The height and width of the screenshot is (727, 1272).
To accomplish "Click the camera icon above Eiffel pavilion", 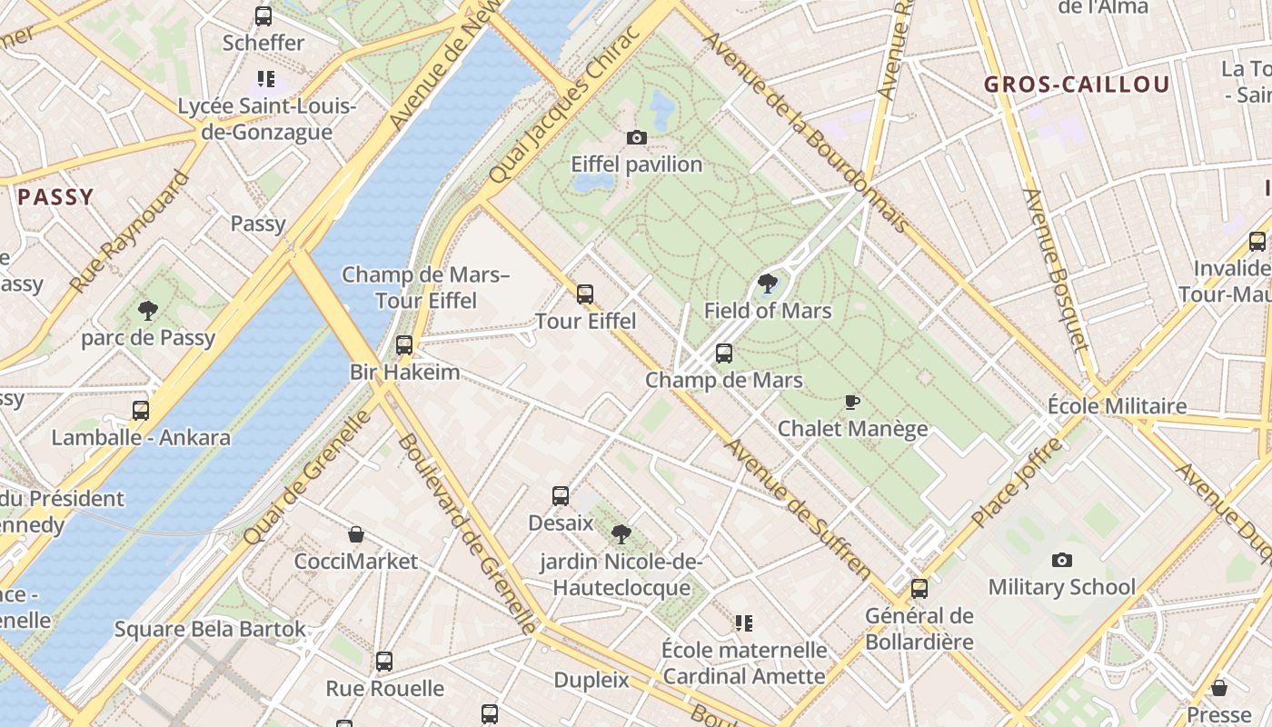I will (637, 138).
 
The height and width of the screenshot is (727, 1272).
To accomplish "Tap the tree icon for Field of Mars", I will (768, 284).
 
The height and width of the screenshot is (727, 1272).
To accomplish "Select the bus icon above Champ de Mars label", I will (724, 354).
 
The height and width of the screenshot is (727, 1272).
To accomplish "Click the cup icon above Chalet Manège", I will (852, 402).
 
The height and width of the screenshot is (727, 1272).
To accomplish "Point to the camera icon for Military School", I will (1061, 561).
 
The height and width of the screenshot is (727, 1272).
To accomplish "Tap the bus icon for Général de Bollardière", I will (919, 589).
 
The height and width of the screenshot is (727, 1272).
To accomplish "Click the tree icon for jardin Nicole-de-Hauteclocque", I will (621, 533).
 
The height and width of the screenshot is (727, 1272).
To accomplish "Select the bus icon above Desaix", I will (561, 496).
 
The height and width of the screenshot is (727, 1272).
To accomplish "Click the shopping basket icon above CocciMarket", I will (356, 534).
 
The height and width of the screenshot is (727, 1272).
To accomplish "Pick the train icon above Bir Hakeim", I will (404, 345).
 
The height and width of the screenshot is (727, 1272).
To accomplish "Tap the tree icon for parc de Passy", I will (147, 312).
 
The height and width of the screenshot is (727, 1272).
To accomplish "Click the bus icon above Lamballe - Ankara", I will (141, 410).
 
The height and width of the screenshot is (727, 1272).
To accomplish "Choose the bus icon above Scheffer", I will (263, 15).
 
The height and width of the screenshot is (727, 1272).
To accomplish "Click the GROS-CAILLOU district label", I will (1077, 85).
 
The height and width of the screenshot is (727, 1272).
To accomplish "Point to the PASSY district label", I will (55, 197).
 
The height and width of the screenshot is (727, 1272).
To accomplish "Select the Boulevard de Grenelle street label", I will (468, 533).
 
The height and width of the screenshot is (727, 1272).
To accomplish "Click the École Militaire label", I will (1117, 405).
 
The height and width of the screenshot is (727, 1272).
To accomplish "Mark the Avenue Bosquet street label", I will (1055, 270).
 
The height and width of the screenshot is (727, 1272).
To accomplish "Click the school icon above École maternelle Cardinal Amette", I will (744, 623).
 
